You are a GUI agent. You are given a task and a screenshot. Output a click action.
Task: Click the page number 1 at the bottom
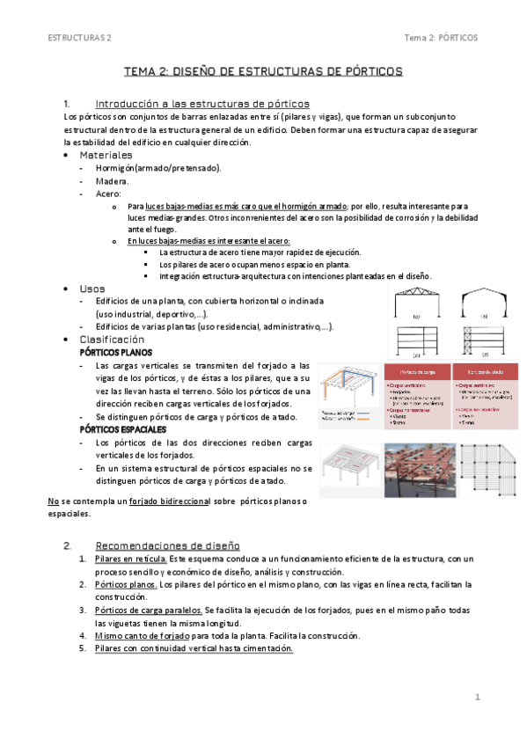click(476, 698)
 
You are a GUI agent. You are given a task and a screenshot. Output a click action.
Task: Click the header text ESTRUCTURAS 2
click(80, 38)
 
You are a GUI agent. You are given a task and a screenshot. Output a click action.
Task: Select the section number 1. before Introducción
click(70, 102)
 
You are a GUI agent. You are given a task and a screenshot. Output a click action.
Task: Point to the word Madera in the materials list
click(112, 180)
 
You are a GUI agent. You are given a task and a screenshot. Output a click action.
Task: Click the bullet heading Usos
click(91, 289)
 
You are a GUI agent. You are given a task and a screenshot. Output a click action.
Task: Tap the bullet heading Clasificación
click(112, 339)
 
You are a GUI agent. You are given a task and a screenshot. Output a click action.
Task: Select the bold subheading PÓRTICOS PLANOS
click(115, 352)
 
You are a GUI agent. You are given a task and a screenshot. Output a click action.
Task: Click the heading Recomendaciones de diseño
click(166, 545)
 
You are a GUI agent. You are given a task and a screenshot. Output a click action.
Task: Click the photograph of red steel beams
click(421, 471)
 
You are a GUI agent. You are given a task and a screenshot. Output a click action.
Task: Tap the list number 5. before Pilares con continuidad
click(83, 648)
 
